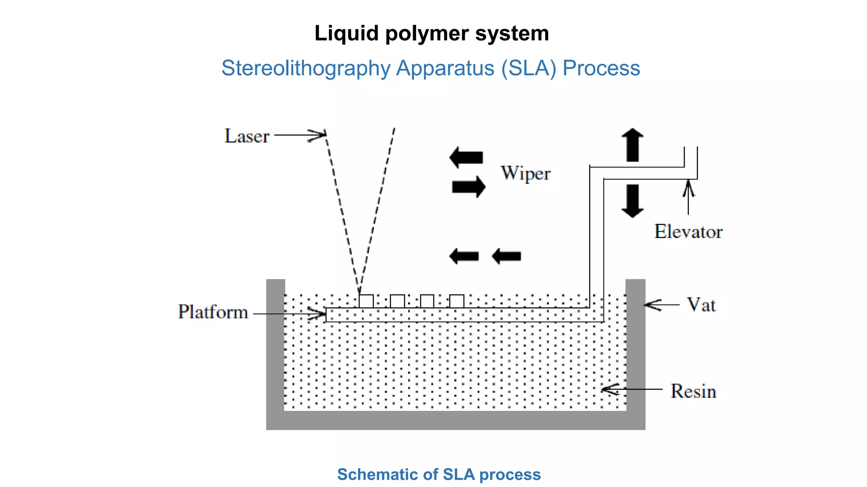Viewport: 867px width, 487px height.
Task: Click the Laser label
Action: [x=247, y=136]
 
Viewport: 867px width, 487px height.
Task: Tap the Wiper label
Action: [x=525, y=173]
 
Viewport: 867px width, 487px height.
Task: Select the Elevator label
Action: [x=688, y=232]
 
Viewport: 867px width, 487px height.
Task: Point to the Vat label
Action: [x=701, y=305]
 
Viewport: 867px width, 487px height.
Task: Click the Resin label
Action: [x=693, y=391]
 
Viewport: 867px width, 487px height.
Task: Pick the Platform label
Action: [x=213, y=312]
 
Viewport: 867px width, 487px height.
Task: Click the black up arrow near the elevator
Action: [x=632, y=145]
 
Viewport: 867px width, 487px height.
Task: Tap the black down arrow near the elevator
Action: [x=632, y=201]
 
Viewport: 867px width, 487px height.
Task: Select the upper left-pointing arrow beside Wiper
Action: [x=466, y=157]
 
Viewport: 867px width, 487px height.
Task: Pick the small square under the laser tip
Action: [x=366, y=301]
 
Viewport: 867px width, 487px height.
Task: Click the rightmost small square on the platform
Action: [x=456, y=301]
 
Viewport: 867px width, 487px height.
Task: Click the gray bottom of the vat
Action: [x=456, y=420]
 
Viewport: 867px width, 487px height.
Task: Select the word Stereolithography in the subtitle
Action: [x=306, y=68]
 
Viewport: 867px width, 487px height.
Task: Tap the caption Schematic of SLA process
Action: [x=439, y=474]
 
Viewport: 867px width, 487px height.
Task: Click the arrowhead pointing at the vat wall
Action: [x=652, y=305]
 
